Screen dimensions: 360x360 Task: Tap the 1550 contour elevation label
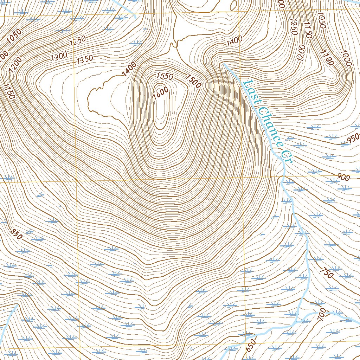(165, 76)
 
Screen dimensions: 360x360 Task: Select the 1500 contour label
(193, 81)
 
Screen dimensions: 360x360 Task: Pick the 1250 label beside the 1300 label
(78, 42)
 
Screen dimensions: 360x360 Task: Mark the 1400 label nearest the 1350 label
(129, 69)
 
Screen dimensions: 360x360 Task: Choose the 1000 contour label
(346, 58)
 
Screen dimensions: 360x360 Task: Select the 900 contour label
(343, 178)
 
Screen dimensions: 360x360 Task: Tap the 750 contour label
(327, 272)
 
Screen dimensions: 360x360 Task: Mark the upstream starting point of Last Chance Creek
(223, 64)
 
